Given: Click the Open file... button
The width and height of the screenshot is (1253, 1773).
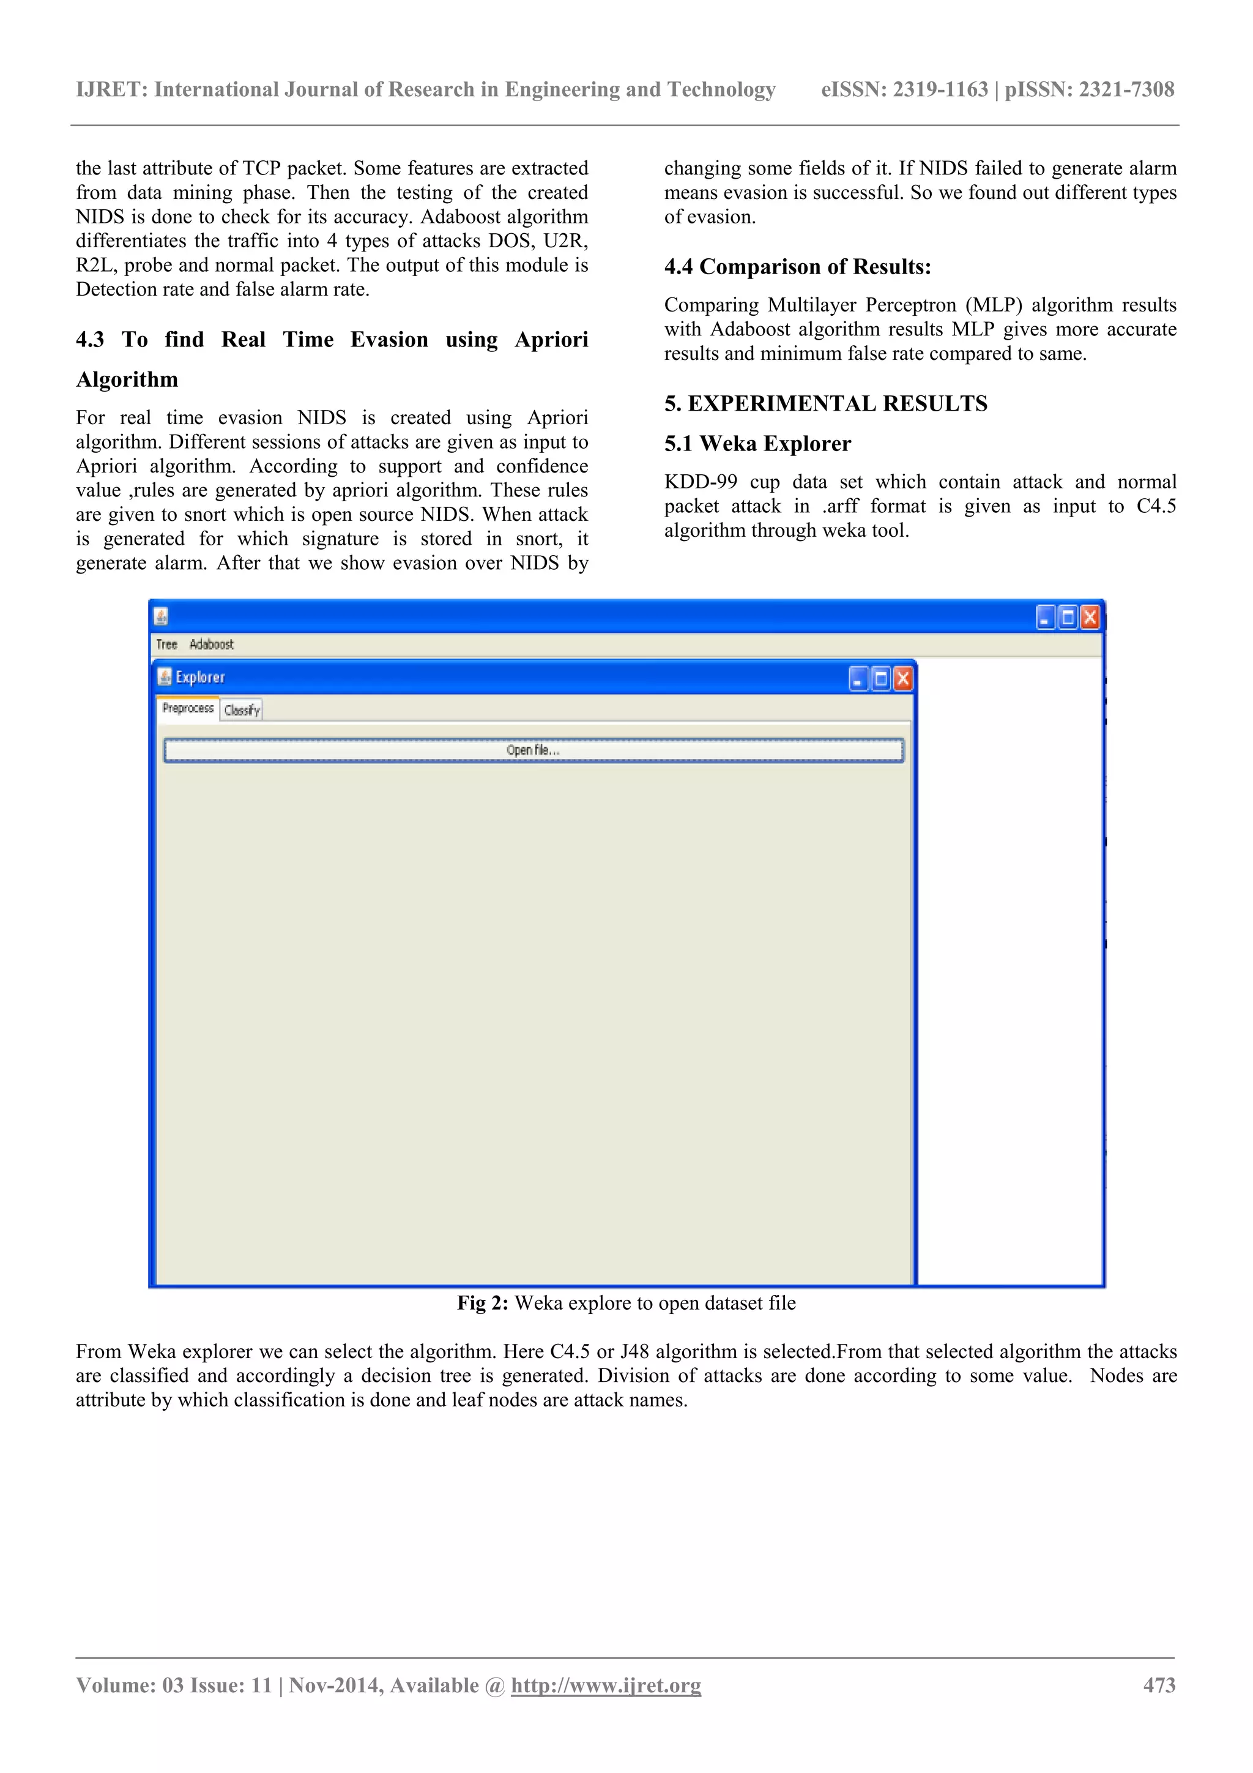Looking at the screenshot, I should pos(534,750).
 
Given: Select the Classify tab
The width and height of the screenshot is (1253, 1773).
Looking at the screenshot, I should pos(242,710).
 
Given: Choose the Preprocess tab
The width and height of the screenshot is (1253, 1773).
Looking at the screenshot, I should pos(188,708).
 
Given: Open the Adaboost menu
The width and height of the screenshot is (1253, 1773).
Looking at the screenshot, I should pos(210,644).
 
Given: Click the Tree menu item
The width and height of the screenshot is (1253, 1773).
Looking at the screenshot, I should pos(166,644).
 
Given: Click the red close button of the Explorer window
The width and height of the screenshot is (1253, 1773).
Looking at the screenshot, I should pos(902,679).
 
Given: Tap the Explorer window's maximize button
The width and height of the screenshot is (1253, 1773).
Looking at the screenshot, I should pos(881,679).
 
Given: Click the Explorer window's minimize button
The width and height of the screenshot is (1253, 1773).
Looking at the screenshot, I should pos(858,679).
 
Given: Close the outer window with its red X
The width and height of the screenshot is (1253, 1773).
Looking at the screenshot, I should pos(1089,617).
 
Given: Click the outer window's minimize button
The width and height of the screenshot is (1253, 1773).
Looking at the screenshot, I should pos(1046,617).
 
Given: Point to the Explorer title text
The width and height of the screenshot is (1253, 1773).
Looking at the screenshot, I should pos(200,677).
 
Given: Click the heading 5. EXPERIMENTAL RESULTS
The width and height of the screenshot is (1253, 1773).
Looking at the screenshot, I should pos(825,403).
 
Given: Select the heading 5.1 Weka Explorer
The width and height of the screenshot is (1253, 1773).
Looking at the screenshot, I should pos(757,443).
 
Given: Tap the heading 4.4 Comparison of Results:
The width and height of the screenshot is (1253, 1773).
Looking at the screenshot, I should pos(798,266).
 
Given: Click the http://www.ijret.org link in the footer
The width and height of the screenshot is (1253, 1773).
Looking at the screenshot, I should pos(606,1685).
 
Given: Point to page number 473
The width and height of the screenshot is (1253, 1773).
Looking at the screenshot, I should pos(1159,1685).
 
